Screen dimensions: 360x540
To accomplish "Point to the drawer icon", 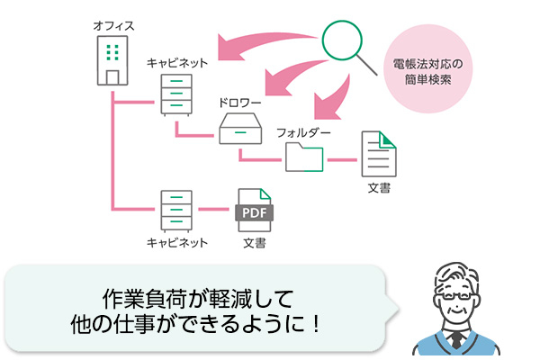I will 238,129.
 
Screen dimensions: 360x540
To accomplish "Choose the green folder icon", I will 304,157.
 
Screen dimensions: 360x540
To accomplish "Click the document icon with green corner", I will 377,154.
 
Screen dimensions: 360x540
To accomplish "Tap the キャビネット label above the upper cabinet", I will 177,62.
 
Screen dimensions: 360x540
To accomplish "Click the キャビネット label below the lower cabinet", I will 177,243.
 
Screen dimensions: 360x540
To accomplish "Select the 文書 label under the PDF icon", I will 253,243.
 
